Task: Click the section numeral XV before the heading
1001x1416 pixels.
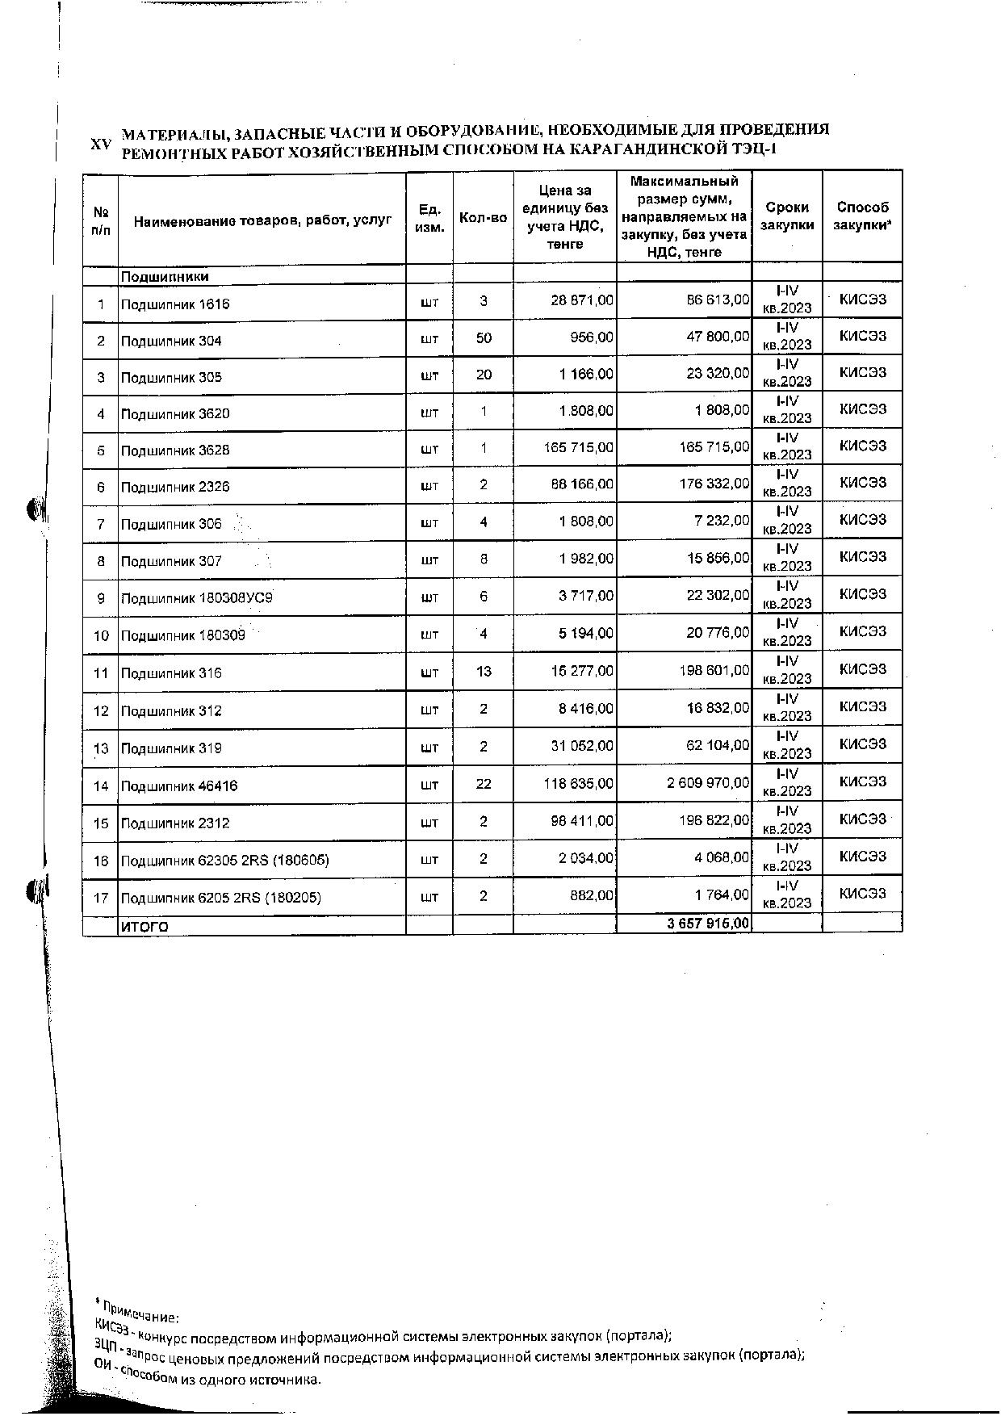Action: (x=100, y=144)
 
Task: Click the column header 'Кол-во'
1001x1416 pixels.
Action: (x=483, y=218)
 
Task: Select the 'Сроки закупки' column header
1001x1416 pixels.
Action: (x=787, y=216)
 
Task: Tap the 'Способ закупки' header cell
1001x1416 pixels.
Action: (x=862, y=216)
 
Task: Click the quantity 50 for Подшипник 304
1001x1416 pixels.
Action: (x=484, y=338)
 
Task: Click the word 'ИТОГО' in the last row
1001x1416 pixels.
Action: (x=144, y=927)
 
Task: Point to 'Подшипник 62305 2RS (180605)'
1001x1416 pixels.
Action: (x=224, y=861)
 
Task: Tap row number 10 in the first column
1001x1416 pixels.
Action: (x=101, y=635)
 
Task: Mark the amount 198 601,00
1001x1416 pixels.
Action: (x=713, y=671)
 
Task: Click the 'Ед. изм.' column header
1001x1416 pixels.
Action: (x=429, y=218)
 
